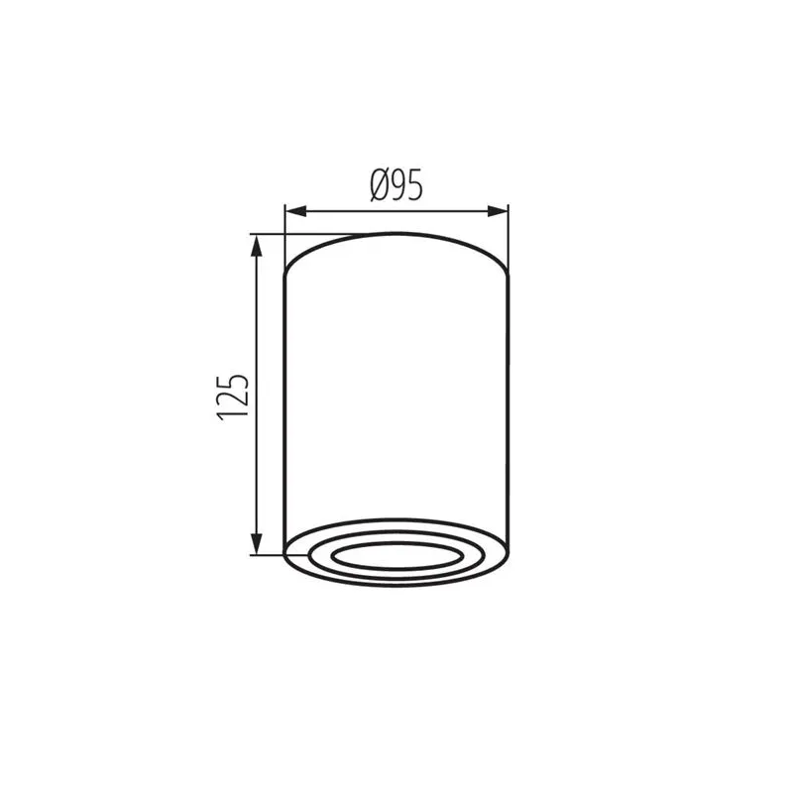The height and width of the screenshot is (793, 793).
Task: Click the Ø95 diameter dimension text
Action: (396, 185)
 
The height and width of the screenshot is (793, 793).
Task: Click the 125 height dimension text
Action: (232, 396)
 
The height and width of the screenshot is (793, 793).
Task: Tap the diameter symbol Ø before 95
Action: (379, 185)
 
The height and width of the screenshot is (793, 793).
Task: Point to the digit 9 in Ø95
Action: (399, 185)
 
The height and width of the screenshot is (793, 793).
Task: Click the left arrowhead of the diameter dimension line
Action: (293, 211)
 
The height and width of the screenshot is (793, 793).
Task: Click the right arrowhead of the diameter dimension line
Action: (500, 211)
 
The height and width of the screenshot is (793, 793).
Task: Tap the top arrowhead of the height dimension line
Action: (258, 243)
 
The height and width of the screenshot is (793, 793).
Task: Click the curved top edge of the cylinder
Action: (396, 235)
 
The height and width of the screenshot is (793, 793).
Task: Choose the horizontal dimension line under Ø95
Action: (396, 211)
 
